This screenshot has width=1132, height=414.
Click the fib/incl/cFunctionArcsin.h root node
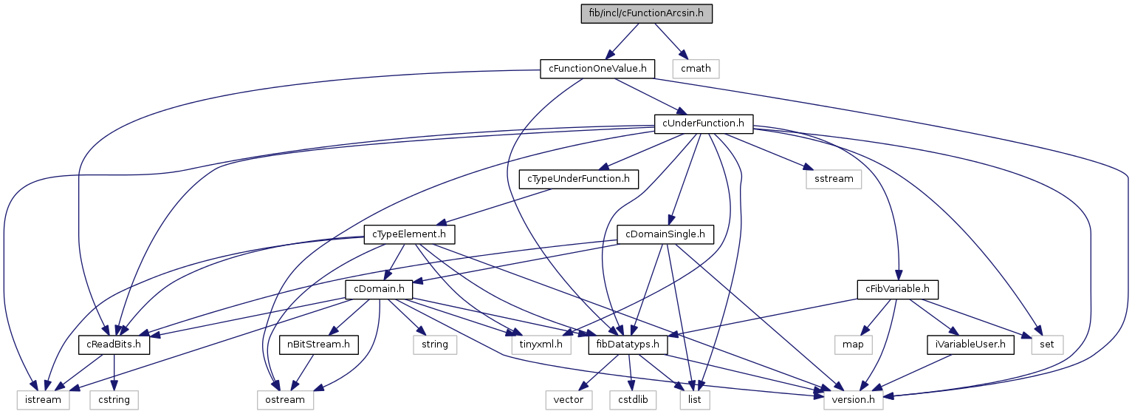[646, 13]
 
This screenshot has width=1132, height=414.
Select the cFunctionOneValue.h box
[597, 69]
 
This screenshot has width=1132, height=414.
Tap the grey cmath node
[696, 69]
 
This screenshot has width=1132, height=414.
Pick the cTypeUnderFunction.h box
[578, 179]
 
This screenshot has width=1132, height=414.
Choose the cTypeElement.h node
[408, 234]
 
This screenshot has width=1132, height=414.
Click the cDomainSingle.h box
[665, 234]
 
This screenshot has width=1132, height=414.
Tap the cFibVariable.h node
[896, 290]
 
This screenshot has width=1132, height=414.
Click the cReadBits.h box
[114, 345]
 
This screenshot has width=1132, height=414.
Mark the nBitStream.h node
[319, 345]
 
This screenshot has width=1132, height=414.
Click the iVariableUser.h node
[967, 345]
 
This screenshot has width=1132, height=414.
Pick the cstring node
[114, 400]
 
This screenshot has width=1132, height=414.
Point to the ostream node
[285, 400]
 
